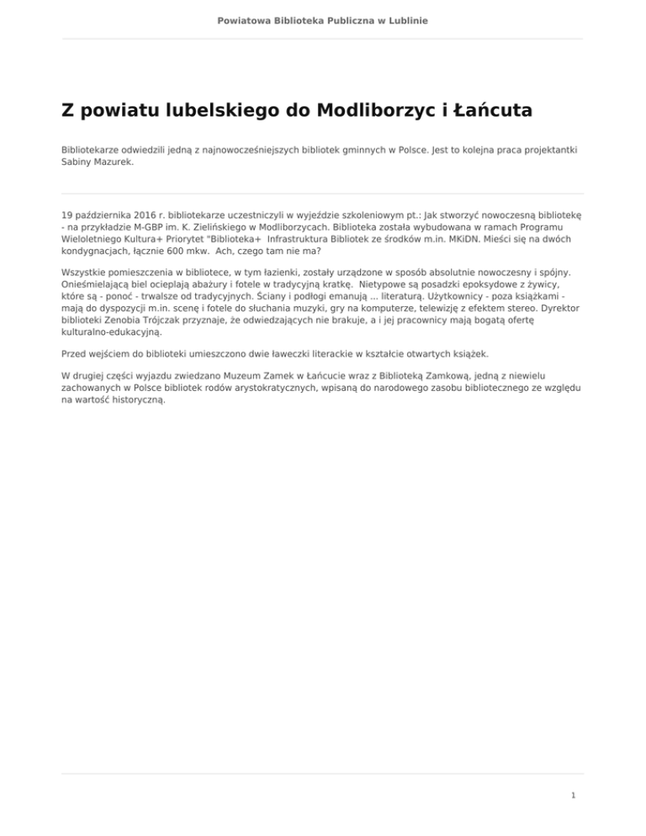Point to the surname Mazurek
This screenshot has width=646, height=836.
(113, 162)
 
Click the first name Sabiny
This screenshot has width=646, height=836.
(77, 162)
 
